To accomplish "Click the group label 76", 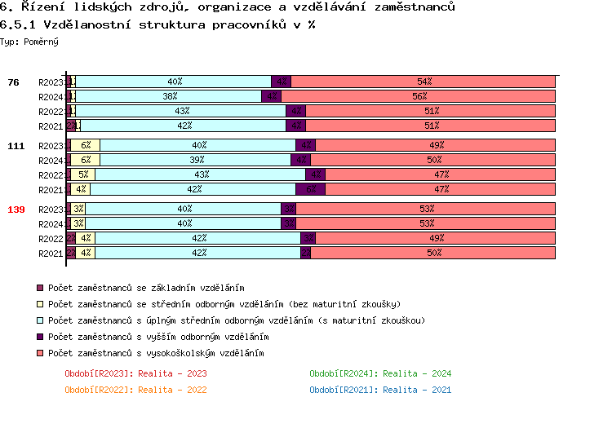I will click(13, 82).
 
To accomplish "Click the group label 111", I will click(16, 146).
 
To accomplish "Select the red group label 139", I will click(16, 210).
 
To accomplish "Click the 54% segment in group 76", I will click(424, 82).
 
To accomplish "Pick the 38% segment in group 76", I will click(169, 96).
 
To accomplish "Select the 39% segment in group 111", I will click(196, 160).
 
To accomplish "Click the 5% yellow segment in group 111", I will click(83, 174).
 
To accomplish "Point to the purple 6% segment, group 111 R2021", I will click(310, 189).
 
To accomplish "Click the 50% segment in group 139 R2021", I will click(433, 253).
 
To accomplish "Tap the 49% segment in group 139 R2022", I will click(436, 238).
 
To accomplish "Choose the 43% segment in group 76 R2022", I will click(181, 111).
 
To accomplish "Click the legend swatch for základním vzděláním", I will click(40, 288).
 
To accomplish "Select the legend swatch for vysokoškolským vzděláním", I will click(40, 353).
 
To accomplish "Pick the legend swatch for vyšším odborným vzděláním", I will click(40, 337).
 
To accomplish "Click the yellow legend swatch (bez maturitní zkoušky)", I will click(40, 304).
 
